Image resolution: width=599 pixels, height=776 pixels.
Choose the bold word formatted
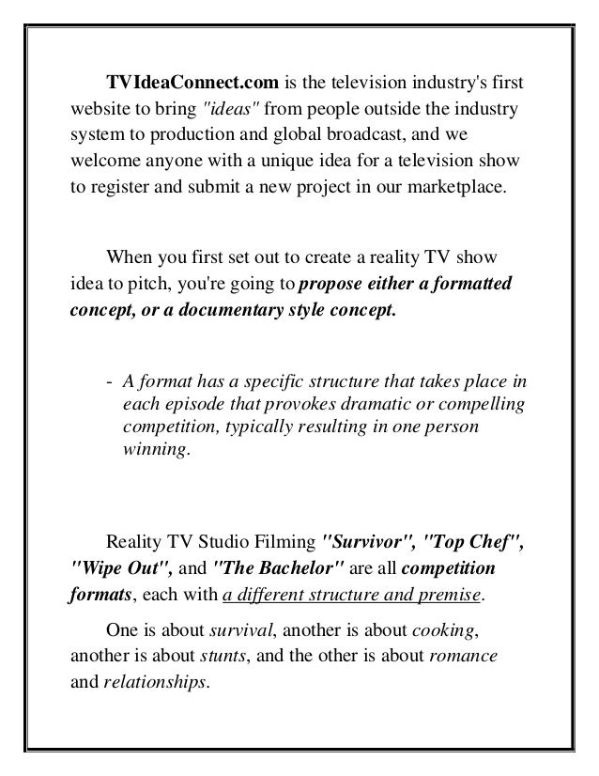[x=473, y=283]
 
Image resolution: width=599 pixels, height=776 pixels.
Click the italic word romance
[x=462, y=656]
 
